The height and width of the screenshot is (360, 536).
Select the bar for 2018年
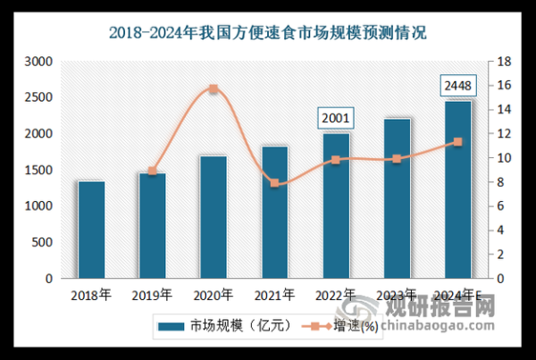(x=91, y=230)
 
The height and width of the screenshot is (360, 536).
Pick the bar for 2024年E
(x=457, y=189)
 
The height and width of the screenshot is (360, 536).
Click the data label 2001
(x=336, y=117)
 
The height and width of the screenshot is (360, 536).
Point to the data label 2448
(x=457, y=86)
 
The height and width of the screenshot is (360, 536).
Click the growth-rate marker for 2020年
(x=213, y=89)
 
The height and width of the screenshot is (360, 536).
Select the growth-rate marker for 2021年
(x=274, y=183)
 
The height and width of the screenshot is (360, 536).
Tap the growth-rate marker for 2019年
(x=152, y=171)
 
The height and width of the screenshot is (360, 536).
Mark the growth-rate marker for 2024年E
(x=457, y=142)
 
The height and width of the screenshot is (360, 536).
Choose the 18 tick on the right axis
(x=504, y=62)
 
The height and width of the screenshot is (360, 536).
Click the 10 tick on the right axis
(x=504, y=158)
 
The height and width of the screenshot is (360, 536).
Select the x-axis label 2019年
(x=152, y=294)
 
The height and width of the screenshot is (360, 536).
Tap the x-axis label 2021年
(x=274, y=294)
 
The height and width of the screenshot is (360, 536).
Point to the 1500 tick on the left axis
(x=38, y=170)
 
